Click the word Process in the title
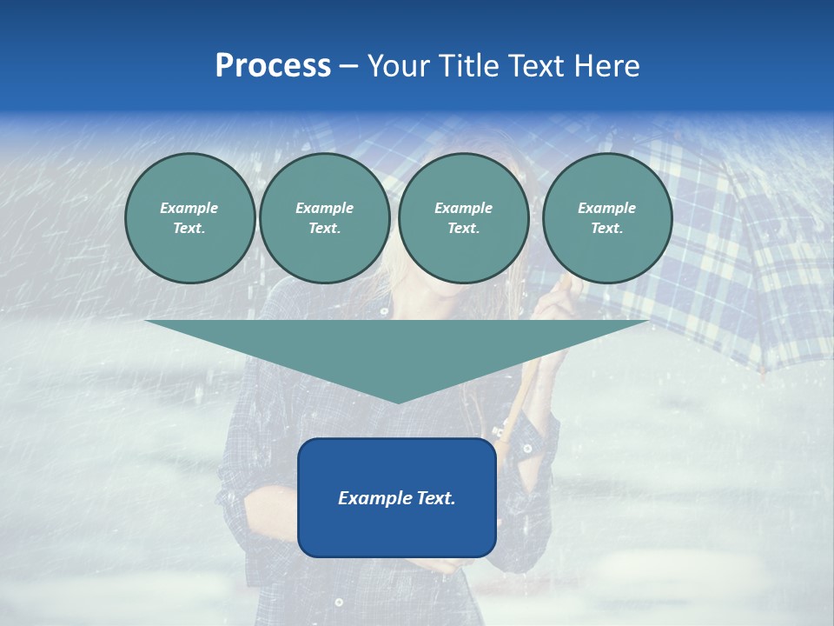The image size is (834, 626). coord(273,66)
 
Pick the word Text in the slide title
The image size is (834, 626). coord(535,66)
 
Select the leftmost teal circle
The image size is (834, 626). coord(189,218)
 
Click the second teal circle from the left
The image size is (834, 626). coord(324,218)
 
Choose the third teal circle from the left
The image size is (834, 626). coord(463,218)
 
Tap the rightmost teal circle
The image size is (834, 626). coord(606,218)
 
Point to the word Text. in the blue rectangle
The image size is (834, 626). coord(434,498)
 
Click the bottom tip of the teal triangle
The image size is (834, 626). coord(398,402)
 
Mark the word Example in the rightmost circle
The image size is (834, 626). coord(606,208)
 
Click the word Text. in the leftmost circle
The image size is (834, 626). coord(189,229)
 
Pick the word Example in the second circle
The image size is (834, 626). coord(324,208)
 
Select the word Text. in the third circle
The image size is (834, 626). coord(463,229)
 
